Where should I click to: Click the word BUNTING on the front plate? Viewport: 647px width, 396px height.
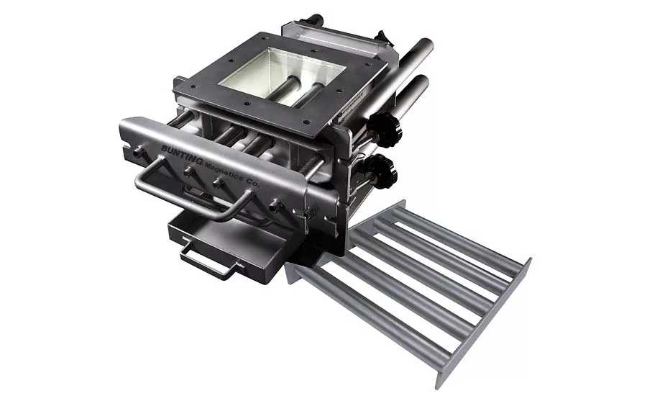point(182,155)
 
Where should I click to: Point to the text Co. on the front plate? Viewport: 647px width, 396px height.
point(252,183)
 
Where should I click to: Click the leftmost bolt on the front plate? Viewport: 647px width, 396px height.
point(138,152)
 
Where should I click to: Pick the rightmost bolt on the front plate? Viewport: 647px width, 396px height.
point(274,205)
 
